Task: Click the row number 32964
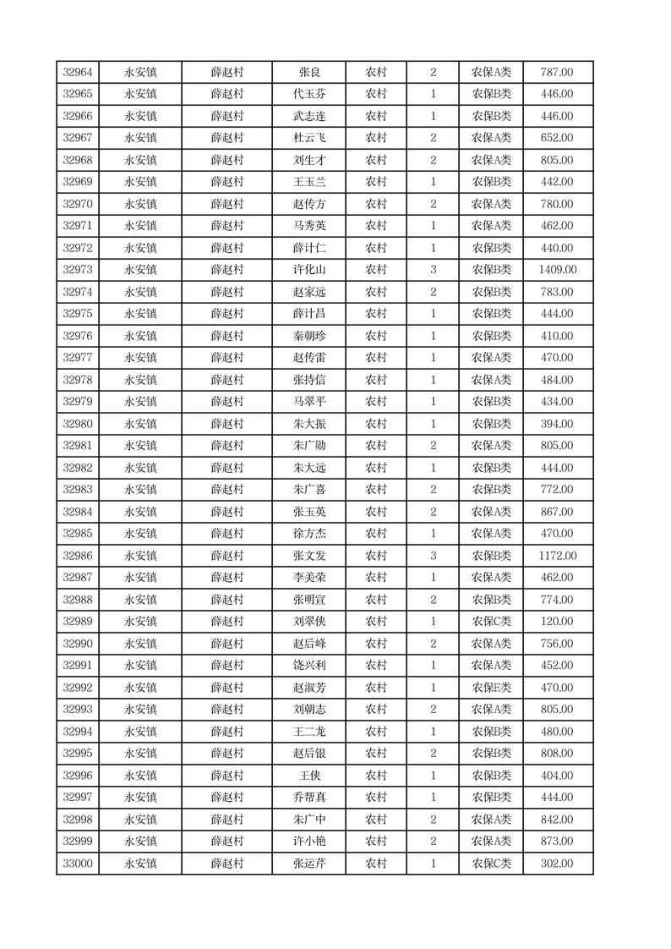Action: click(78, 73)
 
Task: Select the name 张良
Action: click(309, 73)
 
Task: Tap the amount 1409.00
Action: click(557, 270)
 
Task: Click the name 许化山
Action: click(309, 270)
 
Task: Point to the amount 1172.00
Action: click(557, 556)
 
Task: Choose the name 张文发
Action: click(309, 556)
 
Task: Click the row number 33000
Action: click(78, 864)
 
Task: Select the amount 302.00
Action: click(557, 864)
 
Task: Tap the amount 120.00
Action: click(557, 622)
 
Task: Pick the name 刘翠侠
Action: click(309, 622)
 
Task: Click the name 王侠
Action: click(309, 776)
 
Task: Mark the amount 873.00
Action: click(557, 842)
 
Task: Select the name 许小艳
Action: click(309, 842)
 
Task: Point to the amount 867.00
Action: click(557, 512)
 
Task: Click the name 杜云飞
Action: click(309, 138)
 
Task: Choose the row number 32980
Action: click(78, 424)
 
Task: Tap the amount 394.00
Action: click(557, 424)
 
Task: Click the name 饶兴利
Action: click(309, 666)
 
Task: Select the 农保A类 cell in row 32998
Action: click(491, 820)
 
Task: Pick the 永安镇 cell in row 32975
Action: click(140, 314)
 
